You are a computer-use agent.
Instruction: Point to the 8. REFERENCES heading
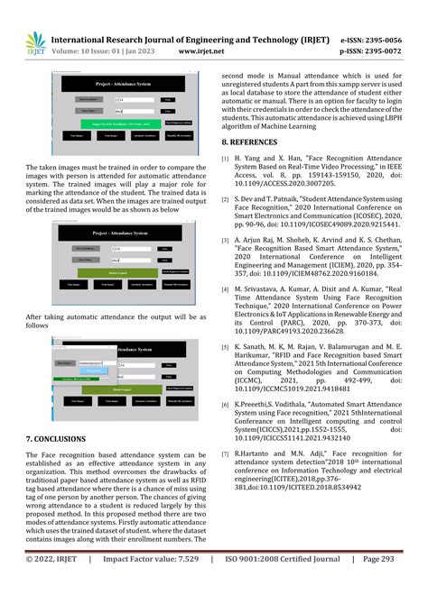tap(257, 142)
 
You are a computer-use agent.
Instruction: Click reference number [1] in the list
tap(225, 160)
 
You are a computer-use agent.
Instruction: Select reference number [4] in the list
tap(225, 289)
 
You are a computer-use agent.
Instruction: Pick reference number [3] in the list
tap(225, 243)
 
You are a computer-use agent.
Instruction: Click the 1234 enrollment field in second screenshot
tap(126, 248)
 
